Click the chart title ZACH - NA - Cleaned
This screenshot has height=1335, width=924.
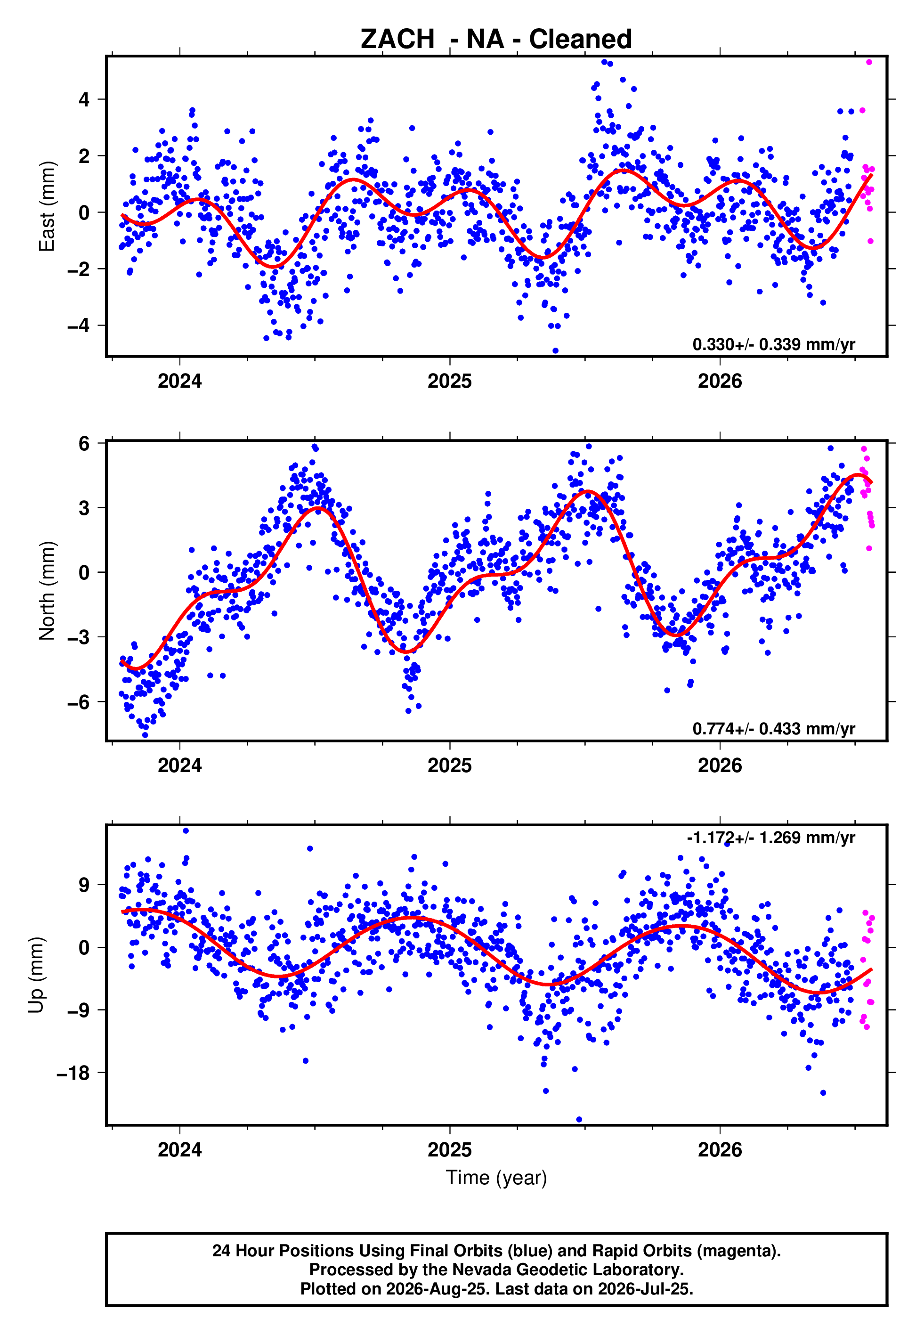pos(496,40)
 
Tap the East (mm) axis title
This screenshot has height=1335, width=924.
pos(47,207)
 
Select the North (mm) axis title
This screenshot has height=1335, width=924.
pos(47,591)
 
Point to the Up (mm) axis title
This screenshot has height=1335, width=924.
pos(36,975)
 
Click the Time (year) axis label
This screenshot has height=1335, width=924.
pos(496,1178)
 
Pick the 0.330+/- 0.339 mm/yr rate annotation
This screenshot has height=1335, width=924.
pos(773,344)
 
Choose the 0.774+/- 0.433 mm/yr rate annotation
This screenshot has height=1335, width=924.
pos(773,729)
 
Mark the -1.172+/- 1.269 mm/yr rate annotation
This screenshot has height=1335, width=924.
pos(771,838)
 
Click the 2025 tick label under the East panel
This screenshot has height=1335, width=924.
pos(450,382)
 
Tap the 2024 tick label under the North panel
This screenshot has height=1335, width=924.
pos(179,766)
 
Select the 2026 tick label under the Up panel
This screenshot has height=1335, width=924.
pos(720,1150)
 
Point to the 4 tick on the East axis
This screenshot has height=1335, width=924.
pos(84,99)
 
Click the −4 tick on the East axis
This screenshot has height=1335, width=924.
pos(78,326)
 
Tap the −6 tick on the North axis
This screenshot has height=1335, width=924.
pos(78,702)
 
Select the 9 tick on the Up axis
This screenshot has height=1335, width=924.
pos(84,885)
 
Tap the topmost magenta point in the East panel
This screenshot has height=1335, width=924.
pos(869,62)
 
